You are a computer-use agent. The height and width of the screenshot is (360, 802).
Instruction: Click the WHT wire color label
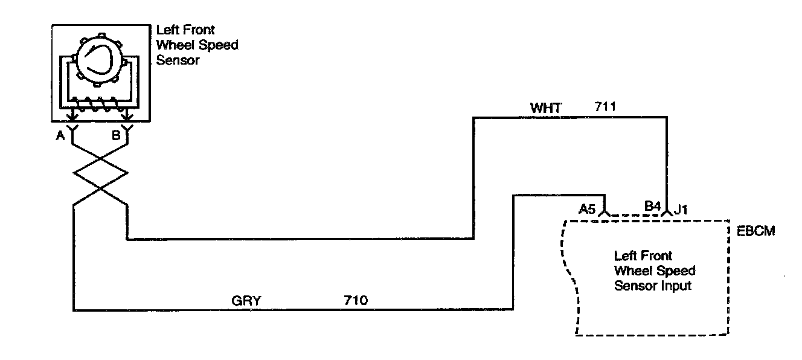click(x=546, y=108)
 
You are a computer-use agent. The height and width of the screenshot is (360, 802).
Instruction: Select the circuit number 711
click(x=605, y=108)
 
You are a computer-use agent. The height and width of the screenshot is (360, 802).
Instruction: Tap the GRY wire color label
click(x=246, y=300)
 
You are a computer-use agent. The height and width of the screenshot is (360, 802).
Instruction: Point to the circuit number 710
click(x=356, y=300)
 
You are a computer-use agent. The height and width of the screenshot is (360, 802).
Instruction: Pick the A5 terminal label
click(x=587, y=209)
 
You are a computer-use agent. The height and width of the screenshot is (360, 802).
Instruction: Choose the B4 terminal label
click(x=652, y=207)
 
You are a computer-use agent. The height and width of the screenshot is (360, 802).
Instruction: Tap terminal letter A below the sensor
click(x=60, y=136)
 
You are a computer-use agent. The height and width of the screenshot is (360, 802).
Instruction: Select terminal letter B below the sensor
click(x=115, y=136)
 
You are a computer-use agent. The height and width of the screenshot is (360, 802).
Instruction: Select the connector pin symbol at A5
click(x=606, y=212)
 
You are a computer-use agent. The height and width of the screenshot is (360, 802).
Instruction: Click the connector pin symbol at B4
click(x=667, y=212)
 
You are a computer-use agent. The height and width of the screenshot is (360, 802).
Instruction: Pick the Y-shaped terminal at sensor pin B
click(x=127, y=128)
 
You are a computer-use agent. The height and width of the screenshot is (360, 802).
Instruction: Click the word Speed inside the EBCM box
click(x=678, y=271)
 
